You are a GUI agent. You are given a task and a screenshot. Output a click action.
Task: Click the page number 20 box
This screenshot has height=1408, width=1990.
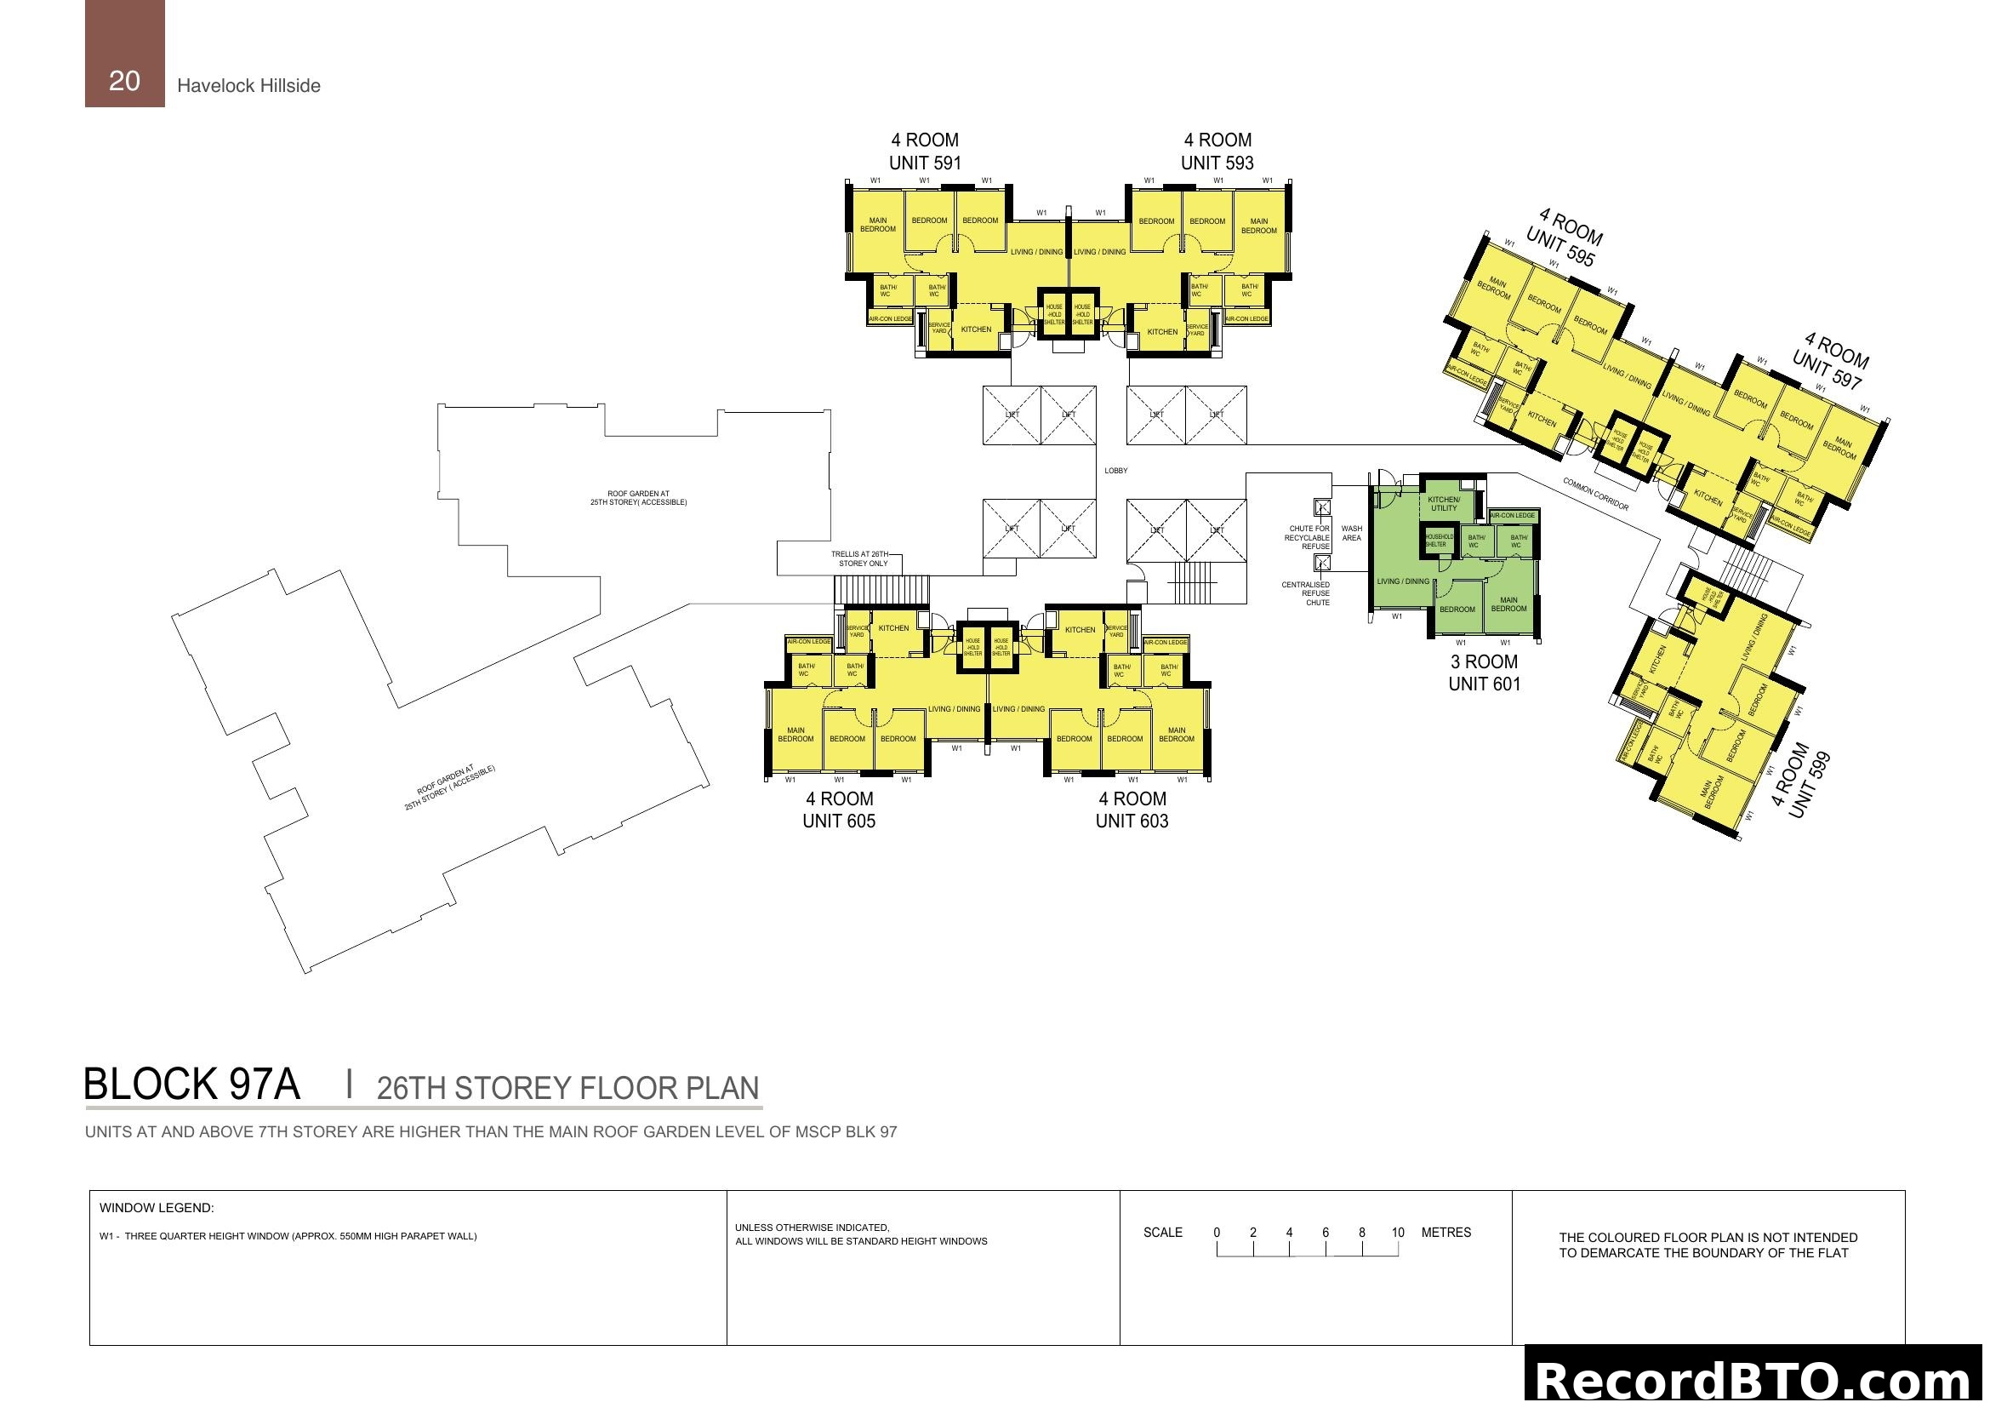pos(124,54)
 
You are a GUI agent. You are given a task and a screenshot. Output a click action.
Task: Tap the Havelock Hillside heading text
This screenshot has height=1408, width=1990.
pos(248,86)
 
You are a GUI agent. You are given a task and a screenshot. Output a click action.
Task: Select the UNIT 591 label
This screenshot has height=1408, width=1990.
pos(925,163)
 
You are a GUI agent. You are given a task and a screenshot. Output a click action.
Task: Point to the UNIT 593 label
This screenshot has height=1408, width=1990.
pos(1217,163)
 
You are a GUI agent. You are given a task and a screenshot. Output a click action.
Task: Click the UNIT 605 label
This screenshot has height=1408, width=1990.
pos(838,821)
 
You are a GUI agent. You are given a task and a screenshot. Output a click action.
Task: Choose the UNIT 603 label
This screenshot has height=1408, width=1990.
pos(1131,821)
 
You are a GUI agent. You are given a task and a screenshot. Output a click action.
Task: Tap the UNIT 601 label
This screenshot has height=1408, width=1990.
pos(1484,684)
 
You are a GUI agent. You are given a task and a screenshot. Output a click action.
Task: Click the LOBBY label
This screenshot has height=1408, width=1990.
pos(1115,471)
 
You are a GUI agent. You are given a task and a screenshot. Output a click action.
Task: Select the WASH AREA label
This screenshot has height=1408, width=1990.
pos(1351,533)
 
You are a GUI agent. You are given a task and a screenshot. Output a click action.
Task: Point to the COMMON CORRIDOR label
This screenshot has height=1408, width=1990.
pos(1594,495)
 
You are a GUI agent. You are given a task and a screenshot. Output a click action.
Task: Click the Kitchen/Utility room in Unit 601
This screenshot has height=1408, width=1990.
pos(1444,504)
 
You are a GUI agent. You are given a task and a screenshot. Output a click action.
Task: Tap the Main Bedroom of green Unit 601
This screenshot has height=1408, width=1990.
pos(1509,604)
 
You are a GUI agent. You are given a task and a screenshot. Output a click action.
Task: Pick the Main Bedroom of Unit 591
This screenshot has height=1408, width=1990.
pos(877,225)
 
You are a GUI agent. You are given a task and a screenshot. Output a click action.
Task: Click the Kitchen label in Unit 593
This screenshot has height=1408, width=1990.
pos(1162,332)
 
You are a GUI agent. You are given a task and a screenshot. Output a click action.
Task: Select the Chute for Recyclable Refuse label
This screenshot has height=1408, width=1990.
pos(1308,537)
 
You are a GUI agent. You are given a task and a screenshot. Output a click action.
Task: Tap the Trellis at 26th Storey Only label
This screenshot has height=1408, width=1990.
pos(860,559)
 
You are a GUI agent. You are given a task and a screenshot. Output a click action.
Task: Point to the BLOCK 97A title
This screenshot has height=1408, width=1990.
pos(191,1085)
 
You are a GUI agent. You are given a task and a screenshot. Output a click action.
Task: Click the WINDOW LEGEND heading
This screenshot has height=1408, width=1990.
pos(156,1208)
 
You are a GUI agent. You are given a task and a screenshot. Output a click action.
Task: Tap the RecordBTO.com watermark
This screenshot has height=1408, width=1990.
pos(1756,1380)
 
